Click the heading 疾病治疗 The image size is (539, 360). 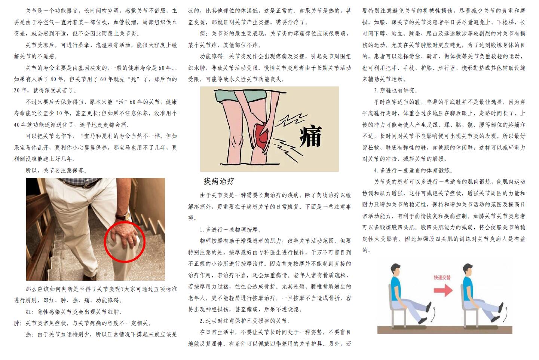click(219, 181)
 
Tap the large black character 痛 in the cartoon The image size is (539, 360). click(310, 136)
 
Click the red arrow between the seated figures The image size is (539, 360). click(443, 290)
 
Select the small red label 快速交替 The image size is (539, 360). click(442, 277)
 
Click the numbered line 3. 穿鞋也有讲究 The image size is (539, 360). click(396, 91)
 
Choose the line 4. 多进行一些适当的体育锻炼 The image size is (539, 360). click(413, 171)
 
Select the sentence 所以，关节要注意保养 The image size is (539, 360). click(56, 171)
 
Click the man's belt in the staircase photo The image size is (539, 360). click(81, 183)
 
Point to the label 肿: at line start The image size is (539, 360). click(18, 323)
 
